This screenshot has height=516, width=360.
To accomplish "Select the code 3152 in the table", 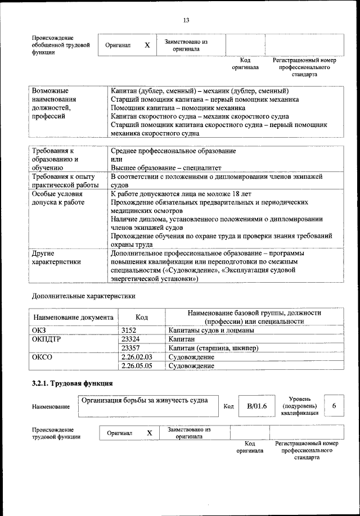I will pos(129,331).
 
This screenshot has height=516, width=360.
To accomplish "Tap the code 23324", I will pos(130,340).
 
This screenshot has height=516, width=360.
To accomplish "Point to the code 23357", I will pos(130,348).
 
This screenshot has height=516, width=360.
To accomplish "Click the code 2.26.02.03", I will pos(137,357).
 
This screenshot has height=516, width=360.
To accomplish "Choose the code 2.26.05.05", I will pos(137,366).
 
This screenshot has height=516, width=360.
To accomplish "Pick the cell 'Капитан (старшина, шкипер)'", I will pos(213,348).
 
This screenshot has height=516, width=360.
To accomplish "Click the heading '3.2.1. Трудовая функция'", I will pos(73,384).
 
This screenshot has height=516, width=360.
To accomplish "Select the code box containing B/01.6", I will pos(256,406).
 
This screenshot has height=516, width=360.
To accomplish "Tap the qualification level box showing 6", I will pos(334,406).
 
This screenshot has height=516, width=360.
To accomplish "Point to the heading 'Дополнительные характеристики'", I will pos(83,295).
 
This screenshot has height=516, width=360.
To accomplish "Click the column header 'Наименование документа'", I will pos(73,317).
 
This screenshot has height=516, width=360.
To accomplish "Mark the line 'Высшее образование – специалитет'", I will pos(166,168).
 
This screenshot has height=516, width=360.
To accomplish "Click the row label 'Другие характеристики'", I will pos(56,257).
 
